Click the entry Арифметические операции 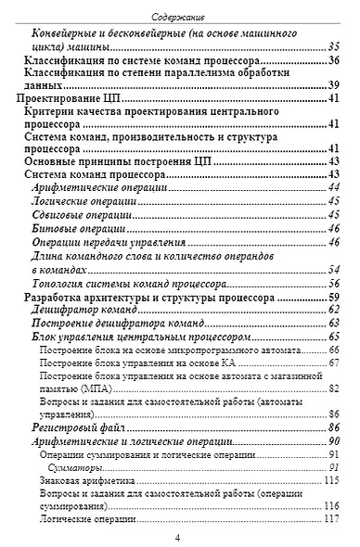click(91, 188)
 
